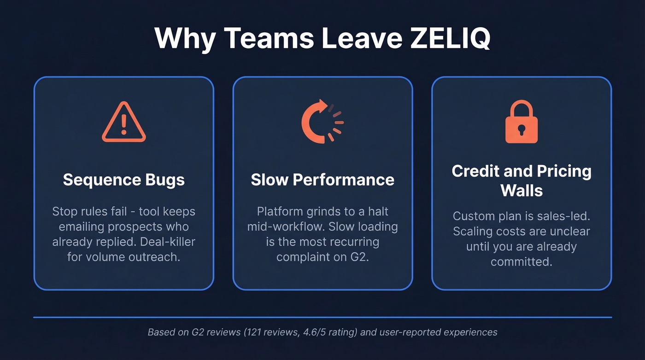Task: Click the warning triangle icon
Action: (x=123, y=123)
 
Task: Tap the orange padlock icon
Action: (x=521, y=122)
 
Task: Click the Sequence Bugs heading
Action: (x=123, y=179)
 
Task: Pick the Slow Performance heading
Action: (x=322, y=179)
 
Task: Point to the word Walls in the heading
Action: (x=522, y=190)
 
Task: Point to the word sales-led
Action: (x=562, y=216)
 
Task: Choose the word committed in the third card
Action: (x=522, y=261)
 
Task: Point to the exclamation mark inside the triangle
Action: (x=123, y=124)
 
